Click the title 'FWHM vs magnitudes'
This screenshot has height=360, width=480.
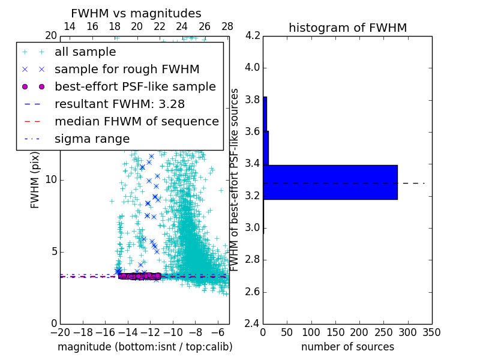136,13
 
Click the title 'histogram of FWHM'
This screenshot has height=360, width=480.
347,28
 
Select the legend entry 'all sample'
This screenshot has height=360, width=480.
85,52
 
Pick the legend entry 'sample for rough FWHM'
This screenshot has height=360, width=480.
127,69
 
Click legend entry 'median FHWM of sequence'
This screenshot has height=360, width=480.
136,121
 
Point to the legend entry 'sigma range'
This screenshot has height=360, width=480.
92,139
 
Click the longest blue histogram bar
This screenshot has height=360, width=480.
330,182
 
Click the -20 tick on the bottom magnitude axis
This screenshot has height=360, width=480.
60,332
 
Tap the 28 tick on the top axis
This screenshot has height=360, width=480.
227,26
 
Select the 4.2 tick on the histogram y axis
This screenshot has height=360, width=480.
252,35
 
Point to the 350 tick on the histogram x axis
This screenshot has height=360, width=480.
432,332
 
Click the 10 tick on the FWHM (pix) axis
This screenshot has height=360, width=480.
51,180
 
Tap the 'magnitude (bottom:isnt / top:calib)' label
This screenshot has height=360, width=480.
145,347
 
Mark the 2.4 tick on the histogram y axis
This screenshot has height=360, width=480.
252,323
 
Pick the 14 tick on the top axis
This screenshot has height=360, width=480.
70,26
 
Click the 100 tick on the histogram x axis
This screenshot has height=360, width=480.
311,332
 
